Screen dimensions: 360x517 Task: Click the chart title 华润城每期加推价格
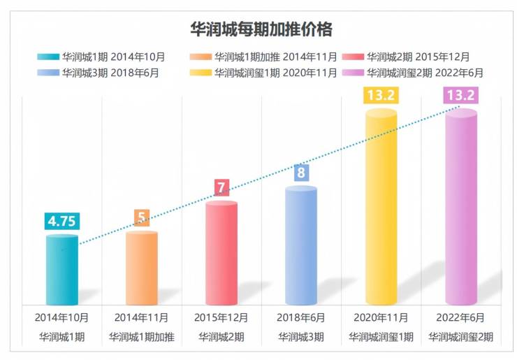click(261, 29)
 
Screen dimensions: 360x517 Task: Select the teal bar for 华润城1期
click(62, 269)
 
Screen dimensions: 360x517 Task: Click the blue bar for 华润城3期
click(301, 245)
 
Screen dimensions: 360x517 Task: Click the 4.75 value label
click(62, 221)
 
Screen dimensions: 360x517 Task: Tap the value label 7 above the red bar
click(221, 187)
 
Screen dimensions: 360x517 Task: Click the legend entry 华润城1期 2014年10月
click(105, 57)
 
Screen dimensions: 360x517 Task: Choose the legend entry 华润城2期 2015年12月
click(418, 57)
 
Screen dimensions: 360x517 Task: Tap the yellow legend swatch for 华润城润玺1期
click(200, 72)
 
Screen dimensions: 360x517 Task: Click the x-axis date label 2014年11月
click(142, 317)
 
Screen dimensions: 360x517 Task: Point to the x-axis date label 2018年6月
click(301, 317)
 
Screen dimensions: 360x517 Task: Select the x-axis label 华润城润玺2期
click(461, 337)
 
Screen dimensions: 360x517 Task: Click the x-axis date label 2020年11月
click(381, 317)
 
